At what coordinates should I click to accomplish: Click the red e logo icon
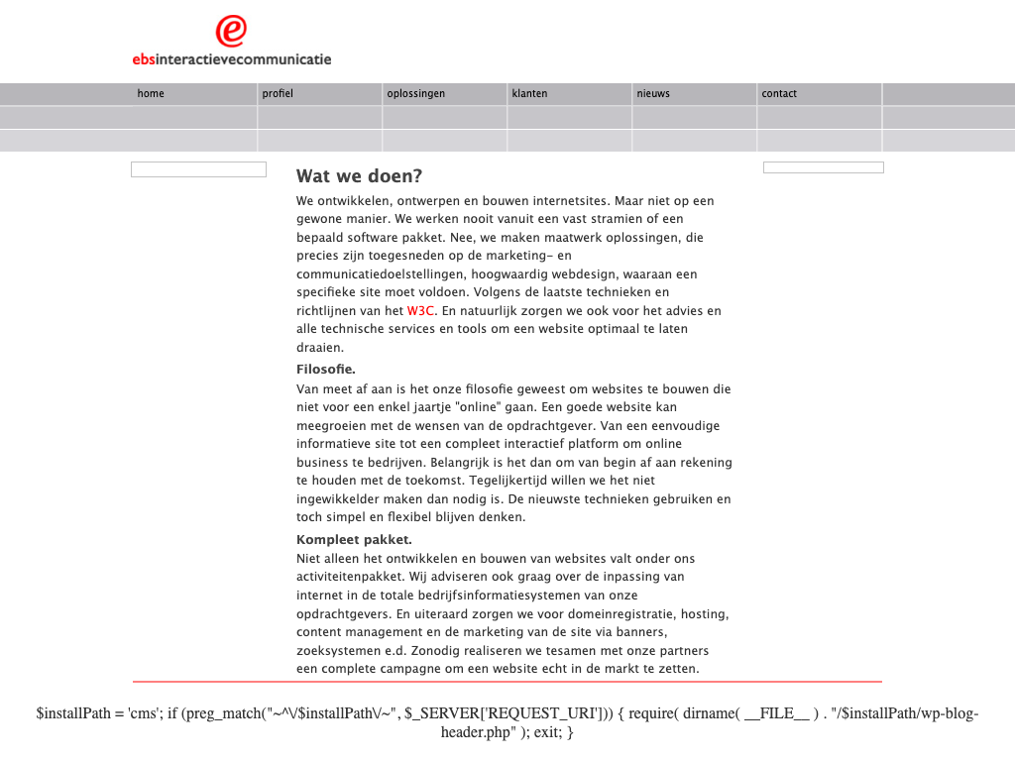pyautogui.click(x=231, y=31)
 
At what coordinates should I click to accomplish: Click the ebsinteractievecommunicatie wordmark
pyautogui.click(x=232, y=58)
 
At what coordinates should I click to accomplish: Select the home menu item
pyautogui.click(x=151, y=94)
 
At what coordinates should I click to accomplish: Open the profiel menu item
pyautogui.click(x=278, y=94)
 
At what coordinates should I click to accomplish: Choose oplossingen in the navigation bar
pyautogui.click(x=415, y=94)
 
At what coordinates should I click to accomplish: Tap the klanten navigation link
pyautogui.click(x=529, y=94)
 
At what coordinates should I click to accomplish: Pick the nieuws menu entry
pyautogui.click(x=653, y=94)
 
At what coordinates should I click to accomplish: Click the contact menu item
pyautogui.click(x=779, y=94)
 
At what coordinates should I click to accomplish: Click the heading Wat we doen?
pyautogui.click(x=359, y=176)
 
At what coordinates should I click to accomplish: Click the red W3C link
pyautogui.click(x=421, y=311)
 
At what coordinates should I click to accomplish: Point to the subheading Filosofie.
pyautogui.click(x=326, y=370)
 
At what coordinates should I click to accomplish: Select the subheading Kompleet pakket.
pyautogui.click(x=354, y=540)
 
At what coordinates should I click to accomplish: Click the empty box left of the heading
pyautogui.click(x=198, y=169)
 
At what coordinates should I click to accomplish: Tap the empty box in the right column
pyautogui.click(x=823, y=167)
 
